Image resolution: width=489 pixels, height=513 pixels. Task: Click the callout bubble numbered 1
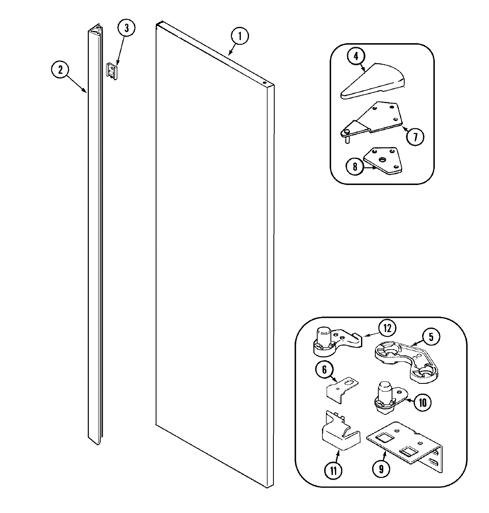tap(240, 36)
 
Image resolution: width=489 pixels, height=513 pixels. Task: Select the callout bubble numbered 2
tap(60, 70)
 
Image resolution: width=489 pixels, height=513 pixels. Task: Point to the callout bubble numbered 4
tap(356, 57)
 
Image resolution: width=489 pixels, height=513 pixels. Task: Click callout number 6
tap(324, 370)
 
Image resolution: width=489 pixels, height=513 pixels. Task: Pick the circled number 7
tap(415, 137)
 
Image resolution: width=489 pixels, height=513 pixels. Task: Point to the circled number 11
tap(333, 471)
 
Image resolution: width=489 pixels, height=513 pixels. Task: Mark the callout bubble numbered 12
tap(387, 327)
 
